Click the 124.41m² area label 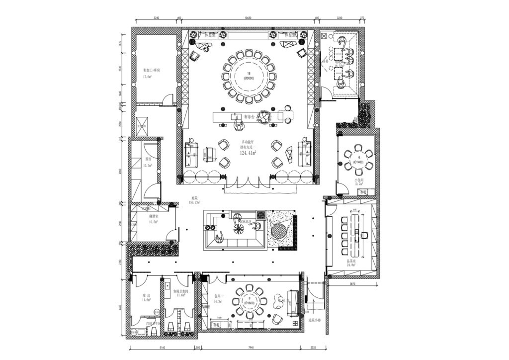tap(248, 153)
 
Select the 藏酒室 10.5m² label tap(154, 220)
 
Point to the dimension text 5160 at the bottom tap(162, 348)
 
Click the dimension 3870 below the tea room tap(352, 283)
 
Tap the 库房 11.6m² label tap(146, 298)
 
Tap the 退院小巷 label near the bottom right tap(313, 320)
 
